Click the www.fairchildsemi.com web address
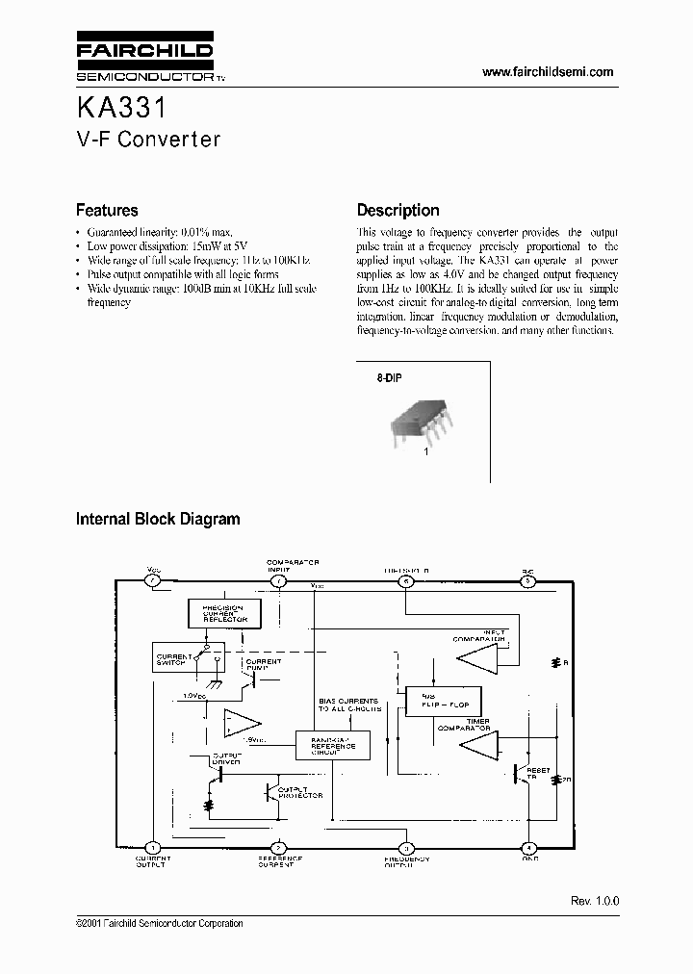[x=547, y=72]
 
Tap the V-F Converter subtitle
[x=148, y=139]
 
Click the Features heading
[x=107, y=210]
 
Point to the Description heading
[x=398, y=210]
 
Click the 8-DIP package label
[x=389, y=378]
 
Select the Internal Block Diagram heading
[x=158, y=519]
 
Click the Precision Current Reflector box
[x=224, y=613]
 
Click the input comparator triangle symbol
[x=478, y=657]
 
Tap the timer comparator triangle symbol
[x=478, y=743]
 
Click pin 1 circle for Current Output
[x=152, y=847]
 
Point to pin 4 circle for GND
[x=527, y=847]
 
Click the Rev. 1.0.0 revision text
[x=595, y=901]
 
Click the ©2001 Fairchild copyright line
[x=159, y=923]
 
